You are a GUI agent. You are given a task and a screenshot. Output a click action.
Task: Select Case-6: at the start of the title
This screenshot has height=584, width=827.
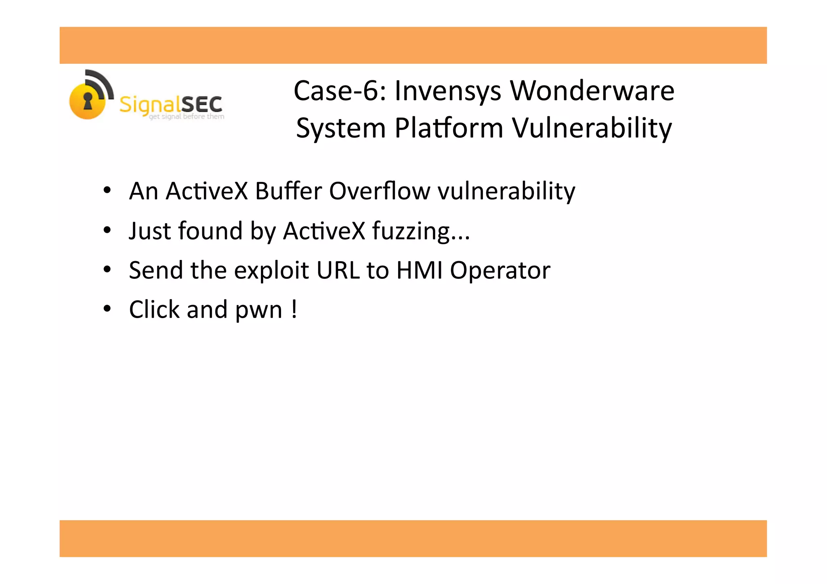click(340, 91)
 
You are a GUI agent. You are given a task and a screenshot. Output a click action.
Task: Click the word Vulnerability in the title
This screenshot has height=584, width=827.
click(592, 128)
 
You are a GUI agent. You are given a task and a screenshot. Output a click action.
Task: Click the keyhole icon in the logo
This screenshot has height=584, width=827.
click(88, 100)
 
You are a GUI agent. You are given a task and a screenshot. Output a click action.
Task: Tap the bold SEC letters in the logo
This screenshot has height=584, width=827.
click(202, 105)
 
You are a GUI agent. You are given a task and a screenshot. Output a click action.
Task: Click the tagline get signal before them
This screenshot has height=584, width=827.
click(187, 117)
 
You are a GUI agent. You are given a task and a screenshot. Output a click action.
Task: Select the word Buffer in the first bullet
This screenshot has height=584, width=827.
click(288, 191)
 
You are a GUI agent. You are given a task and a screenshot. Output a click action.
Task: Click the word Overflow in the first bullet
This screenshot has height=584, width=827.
click(380, 191)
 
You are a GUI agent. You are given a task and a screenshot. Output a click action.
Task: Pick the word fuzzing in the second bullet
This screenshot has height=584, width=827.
click(411, 231)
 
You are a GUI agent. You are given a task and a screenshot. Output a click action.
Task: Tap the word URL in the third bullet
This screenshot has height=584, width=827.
click(338, 270)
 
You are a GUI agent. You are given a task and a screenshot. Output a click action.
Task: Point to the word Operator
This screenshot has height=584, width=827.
click(500, 270)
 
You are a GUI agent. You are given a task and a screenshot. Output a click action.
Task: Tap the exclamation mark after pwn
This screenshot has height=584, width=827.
click(294, 309)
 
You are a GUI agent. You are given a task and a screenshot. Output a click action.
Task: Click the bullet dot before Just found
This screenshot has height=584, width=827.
click(107, 230)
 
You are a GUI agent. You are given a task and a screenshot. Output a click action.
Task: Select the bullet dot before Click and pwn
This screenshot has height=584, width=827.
click(107, 309)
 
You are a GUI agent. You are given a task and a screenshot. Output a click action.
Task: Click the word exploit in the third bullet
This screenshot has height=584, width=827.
click(271, 270)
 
